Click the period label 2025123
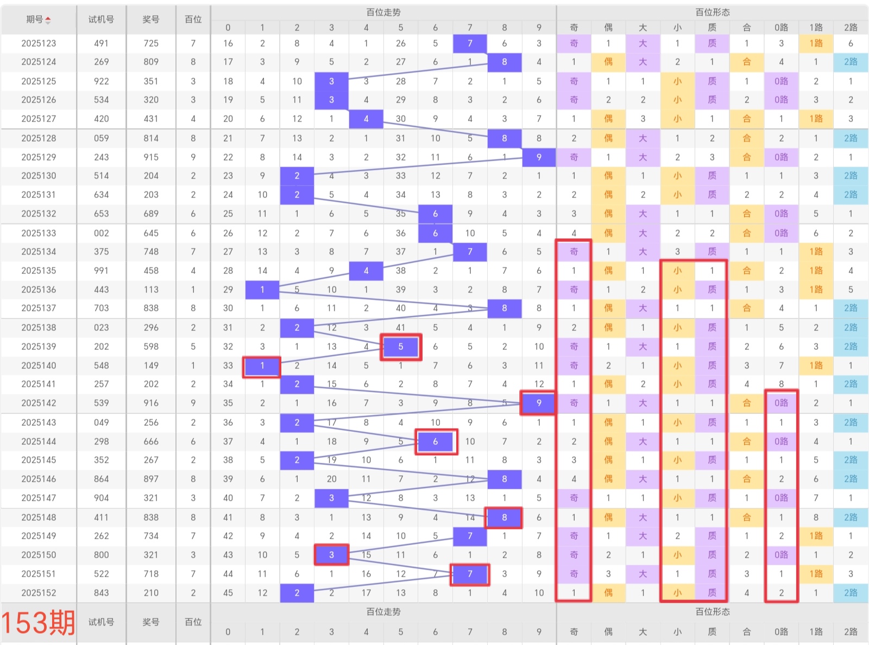(39, 43)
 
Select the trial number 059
(102, 138)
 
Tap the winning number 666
(151, 442)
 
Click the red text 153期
(38, 622)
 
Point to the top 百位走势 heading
(383, 12)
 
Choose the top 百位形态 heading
(713, 12)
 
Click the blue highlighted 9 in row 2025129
(539, 157)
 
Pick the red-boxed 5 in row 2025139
(401, 347)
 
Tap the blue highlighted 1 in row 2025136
(262, 290)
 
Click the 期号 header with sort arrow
(39, 20)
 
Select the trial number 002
(102, 233)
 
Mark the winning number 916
(151, 403)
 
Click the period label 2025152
(39, 593)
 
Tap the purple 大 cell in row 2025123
(643, 43)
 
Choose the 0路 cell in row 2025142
(781, 403)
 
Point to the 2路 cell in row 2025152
(851, 593)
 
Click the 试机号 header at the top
(102, 20)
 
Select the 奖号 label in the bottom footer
(151, 622)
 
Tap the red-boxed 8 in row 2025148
(505, 518)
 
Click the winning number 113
(151, 290)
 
